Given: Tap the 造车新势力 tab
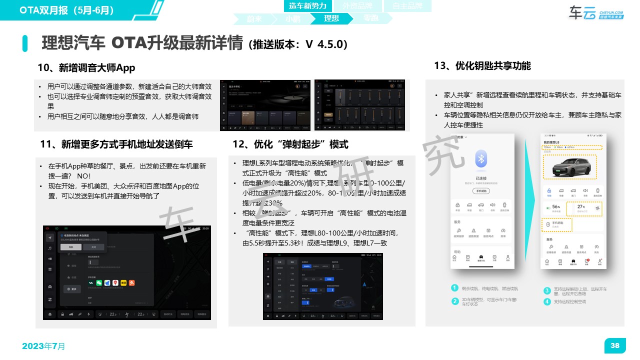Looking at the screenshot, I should tap(307, 6).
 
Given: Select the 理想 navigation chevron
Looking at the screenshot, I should tap(331, 18).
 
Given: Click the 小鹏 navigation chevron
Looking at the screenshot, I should tap(292, 18).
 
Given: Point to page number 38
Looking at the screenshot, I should tap(615, 345).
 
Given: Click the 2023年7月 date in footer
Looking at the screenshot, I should tap(43, 346).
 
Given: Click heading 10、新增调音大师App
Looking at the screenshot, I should tap(86, 67).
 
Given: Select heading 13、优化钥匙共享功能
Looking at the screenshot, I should tap(482, 65).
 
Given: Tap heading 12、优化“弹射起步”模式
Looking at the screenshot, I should tap(290, 144).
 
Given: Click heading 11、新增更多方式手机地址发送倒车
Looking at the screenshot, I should tap(116, 144).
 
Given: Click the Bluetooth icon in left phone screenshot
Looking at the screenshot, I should tap(481, 159).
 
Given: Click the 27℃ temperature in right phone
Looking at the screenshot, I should tap(581, 206).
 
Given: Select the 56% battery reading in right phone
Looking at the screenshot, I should tap(555, 206).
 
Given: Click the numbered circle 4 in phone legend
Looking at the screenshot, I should tap(547, 301).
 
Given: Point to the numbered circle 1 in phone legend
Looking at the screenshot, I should tap(454, 288).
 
